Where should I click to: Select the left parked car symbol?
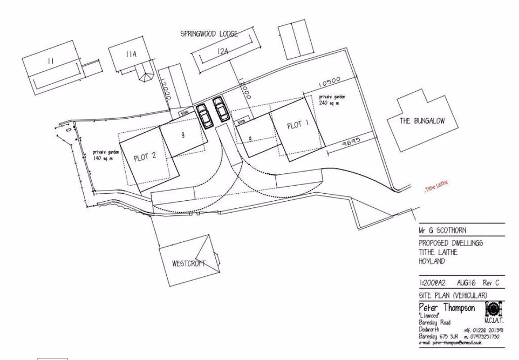coord(204,114)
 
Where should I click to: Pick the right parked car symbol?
coord(221,110)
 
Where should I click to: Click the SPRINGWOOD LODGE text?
coord(209,34)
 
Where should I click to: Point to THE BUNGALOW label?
coord(422,121)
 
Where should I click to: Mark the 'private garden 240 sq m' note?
coord(332,100)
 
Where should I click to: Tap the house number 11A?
coord(131,55)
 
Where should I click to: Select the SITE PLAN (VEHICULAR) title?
coord(453,295)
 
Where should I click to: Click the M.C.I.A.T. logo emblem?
coord(494,309)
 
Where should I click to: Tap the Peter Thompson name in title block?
coord(447,308)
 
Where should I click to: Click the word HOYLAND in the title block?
coord(432,261)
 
